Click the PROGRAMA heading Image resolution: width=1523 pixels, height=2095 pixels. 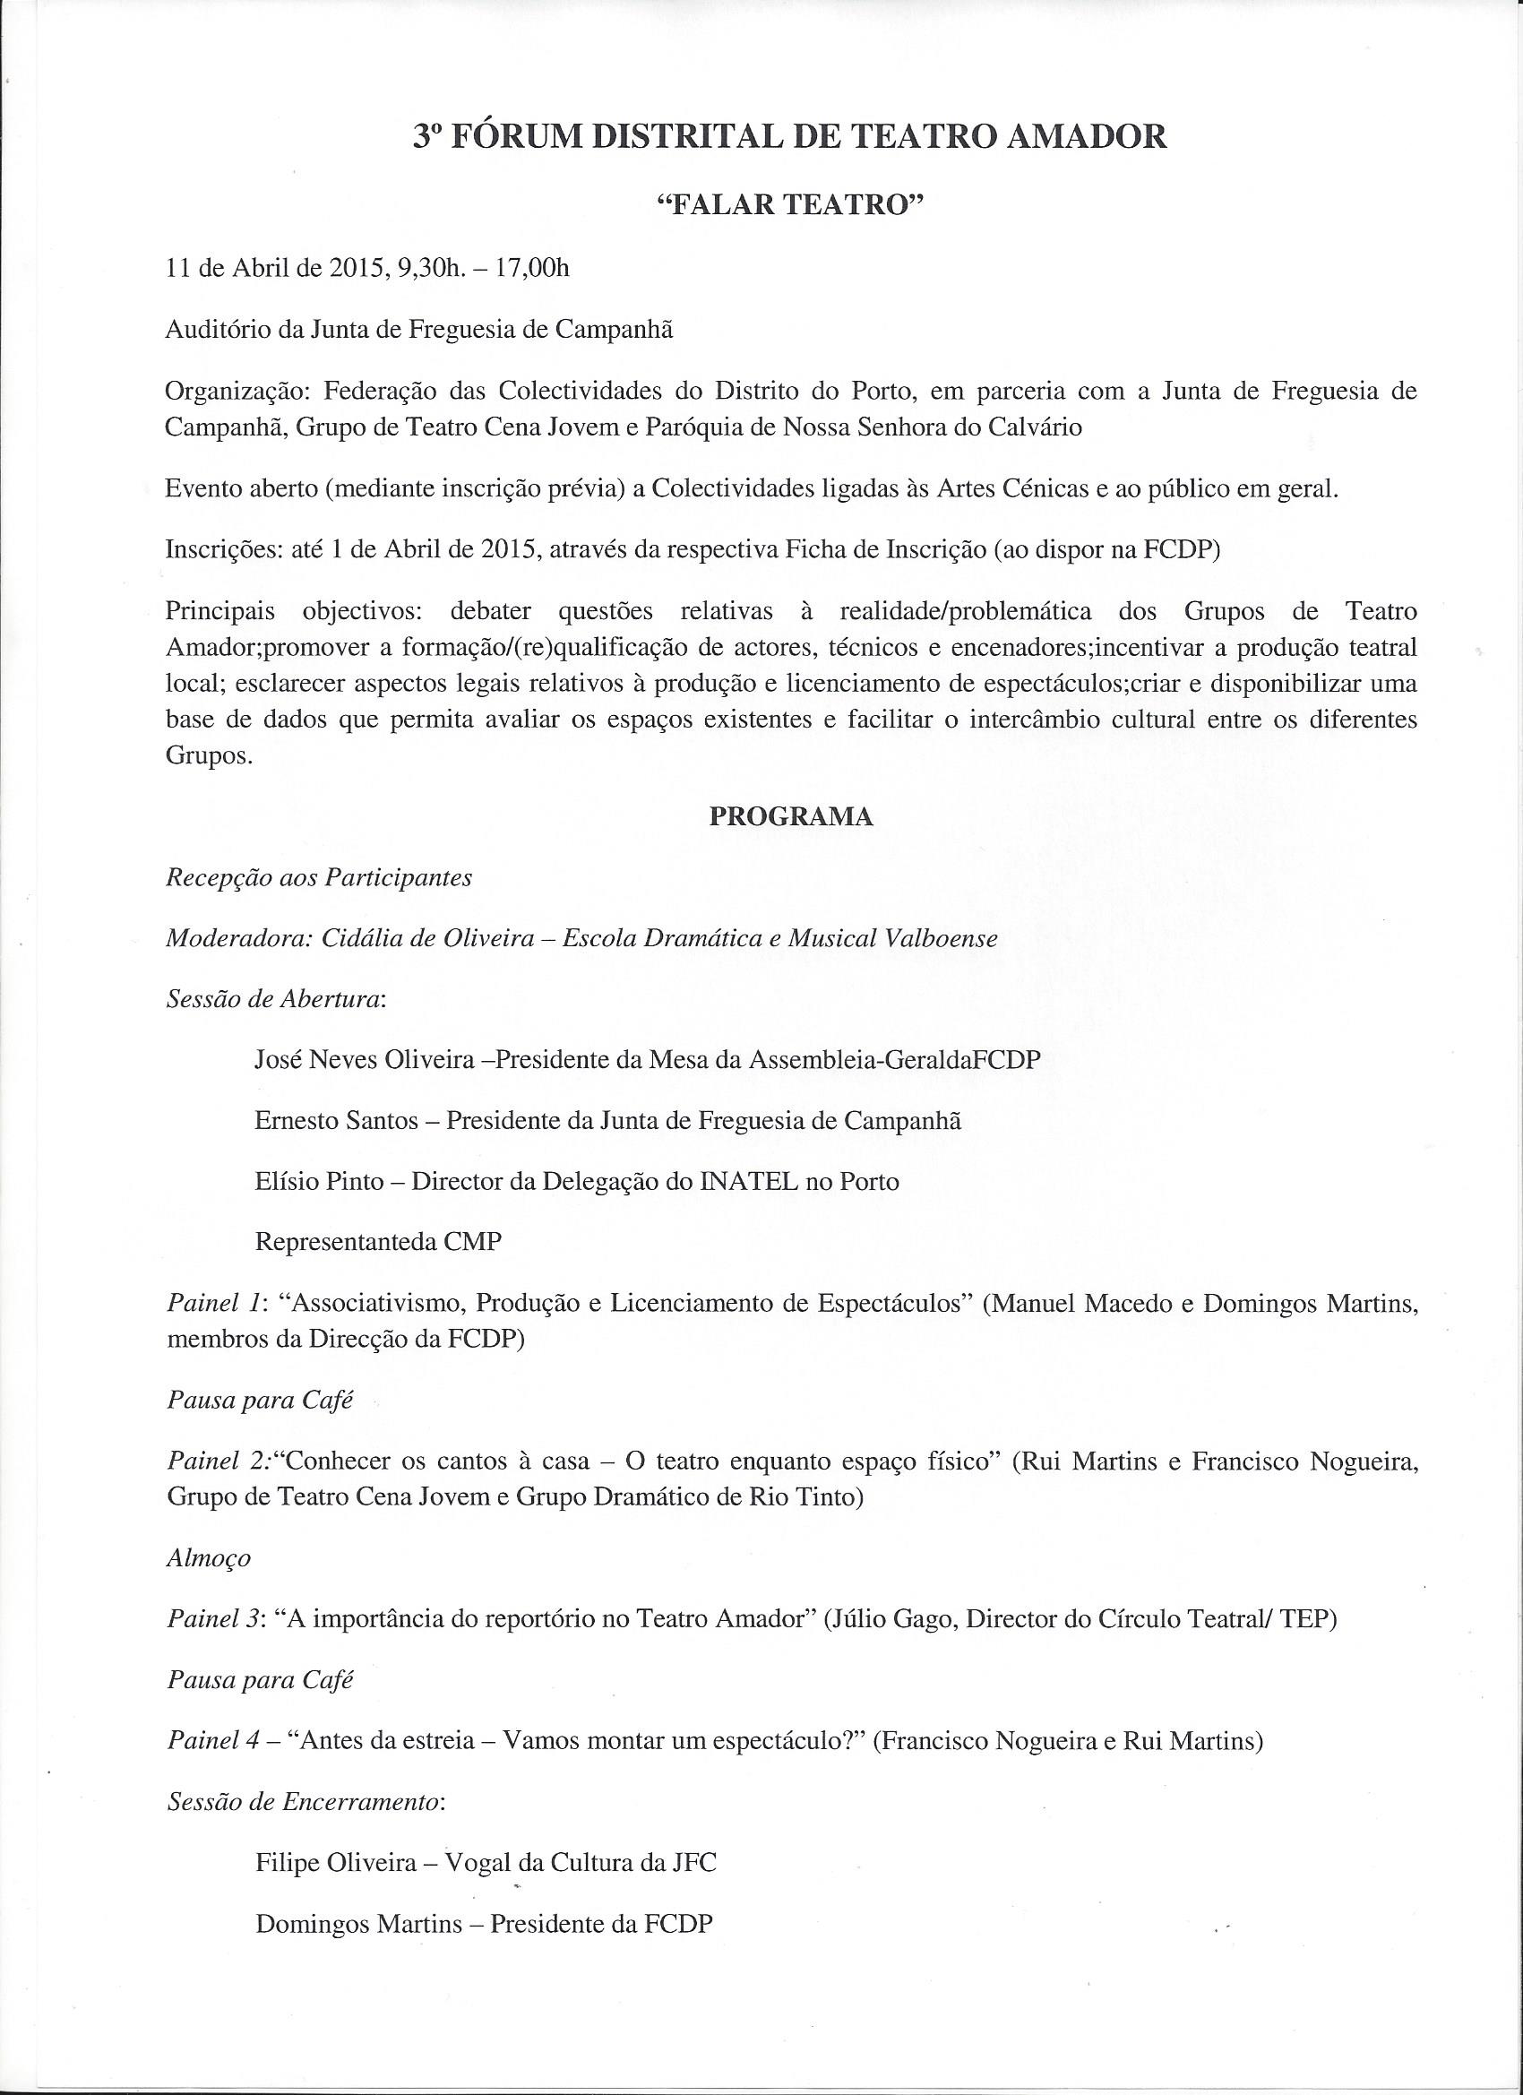pos(790,816)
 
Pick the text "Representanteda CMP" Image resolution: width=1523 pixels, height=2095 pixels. pos(378,1243)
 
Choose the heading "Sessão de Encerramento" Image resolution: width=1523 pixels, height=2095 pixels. pos(305,1803)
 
